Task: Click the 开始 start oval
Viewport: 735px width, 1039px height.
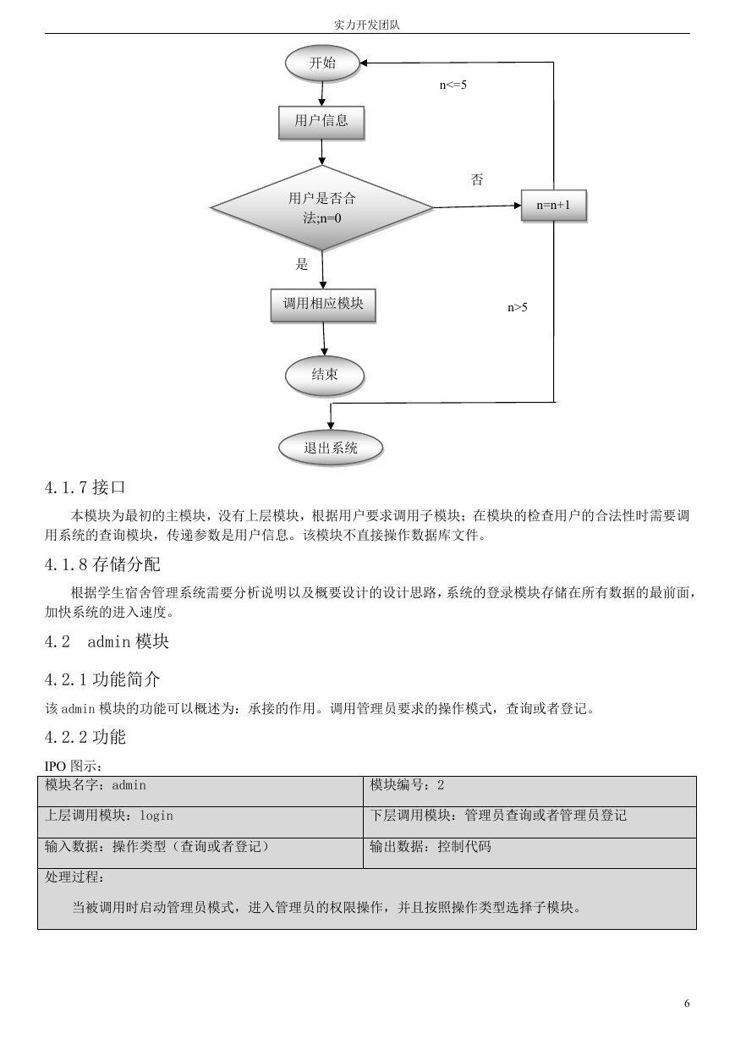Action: (x=322, y=63)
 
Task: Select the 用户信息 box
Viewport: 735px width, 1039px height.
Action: (x=321, y=123)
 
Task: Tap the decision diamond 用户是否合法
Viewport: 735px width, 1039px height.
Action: (x=321, y=208)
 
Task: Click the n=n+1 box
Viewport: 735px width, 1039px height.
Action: (x=554, y=206)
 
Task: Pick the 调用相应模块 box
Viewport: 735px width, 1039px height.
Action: (x=323, y=305)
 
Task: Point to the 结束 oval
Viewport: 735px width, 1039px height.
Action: (x=325, y=376)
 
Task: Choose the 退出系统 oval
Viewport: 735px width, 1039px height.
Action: (x=331, y=448)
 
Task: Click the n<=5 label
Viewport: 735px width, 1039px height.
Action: (x=453, y=85)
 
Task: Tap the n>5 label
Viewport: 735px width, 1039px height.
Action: (x=518, y=307)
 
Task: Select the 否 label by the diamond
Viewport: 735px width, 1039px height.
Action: (x=477, y=179)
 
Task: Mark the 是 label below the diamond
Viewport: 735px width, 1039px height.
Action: (x=302, y=264)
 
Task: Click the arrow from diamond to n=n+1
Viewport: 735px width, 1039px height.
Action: (x=477, y=206)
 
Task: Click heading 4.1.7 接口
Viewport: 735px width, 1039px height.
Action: (x=85, y=487)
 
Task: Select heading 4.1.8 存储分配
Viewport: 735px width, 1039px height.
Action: (x=102, y=564)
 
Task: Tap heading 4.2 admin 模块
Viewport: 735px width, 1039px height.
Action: (x=107, y=642)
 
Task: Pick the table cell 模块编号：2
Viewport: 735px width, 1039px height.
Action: (x=529, y=791)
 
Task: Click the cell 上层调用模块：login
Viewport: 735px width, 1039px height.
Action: (x=200, y=822)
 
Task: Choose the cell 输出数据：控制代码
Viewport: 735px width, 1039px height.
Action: (x=529, y=853)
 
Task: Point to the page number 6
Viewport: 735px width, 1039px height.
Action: (x=687, y=1003)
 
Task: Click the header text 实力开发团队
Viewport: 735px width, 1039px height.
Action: (x=367, y=25)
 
